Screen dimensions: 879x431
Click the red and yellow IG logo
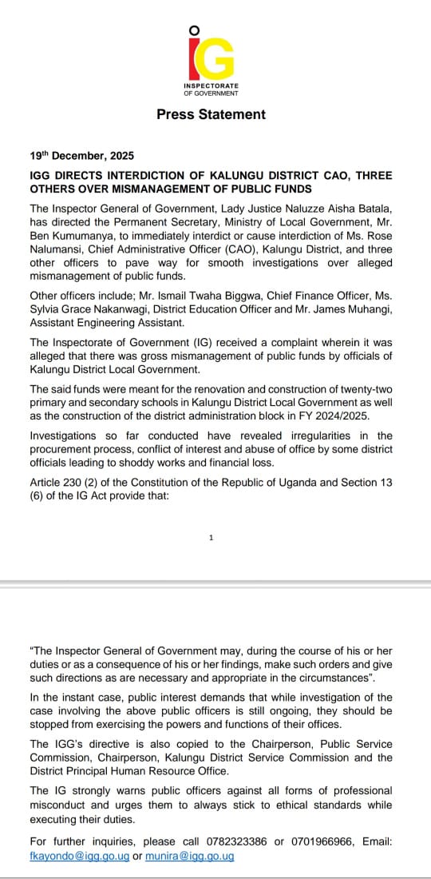pos(211,58)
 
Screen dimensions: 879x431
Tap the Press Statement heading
pos(211,114)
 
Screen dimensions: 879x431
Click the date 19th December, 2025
pos(81,156)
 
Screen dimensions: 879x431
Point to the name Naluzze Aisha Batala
pos(334,208)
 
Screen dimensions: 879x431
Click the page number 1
pos(211,538)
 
